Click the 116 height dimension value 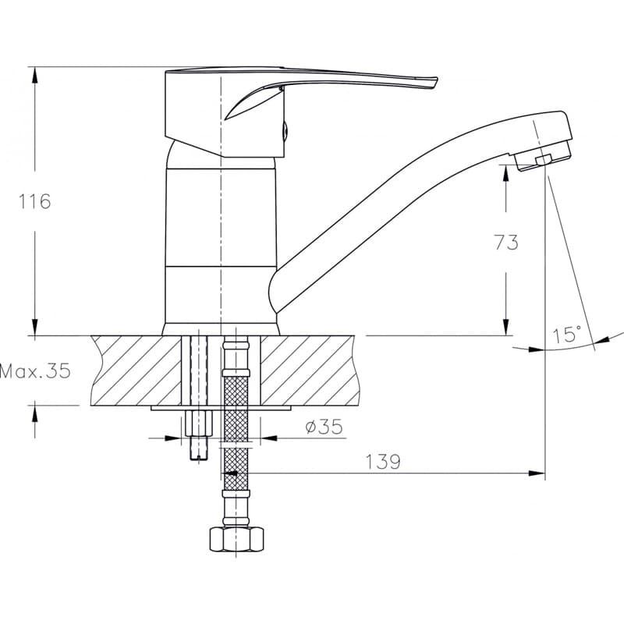point(35,201)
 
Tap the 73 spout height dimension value point(506,242)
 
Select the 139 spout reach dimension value point(382,462)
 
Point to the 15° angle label point(567,335)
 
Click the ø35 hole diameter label point(324,427)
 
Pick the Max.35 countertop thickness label point(35,371)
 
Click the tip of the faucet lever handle point(436,81)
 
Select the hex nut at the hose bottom point(236,539)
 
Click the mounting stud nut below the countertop point(199,424)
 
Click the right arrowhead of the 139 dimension point(537,473)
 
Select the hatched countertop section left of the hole point(136,370)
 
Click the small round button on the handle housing point(285,130)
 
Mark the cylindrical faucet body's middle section point(221,217)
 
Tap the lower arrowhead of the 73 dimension point(505,327)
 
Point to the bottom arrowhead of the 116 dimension point(35,327)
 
